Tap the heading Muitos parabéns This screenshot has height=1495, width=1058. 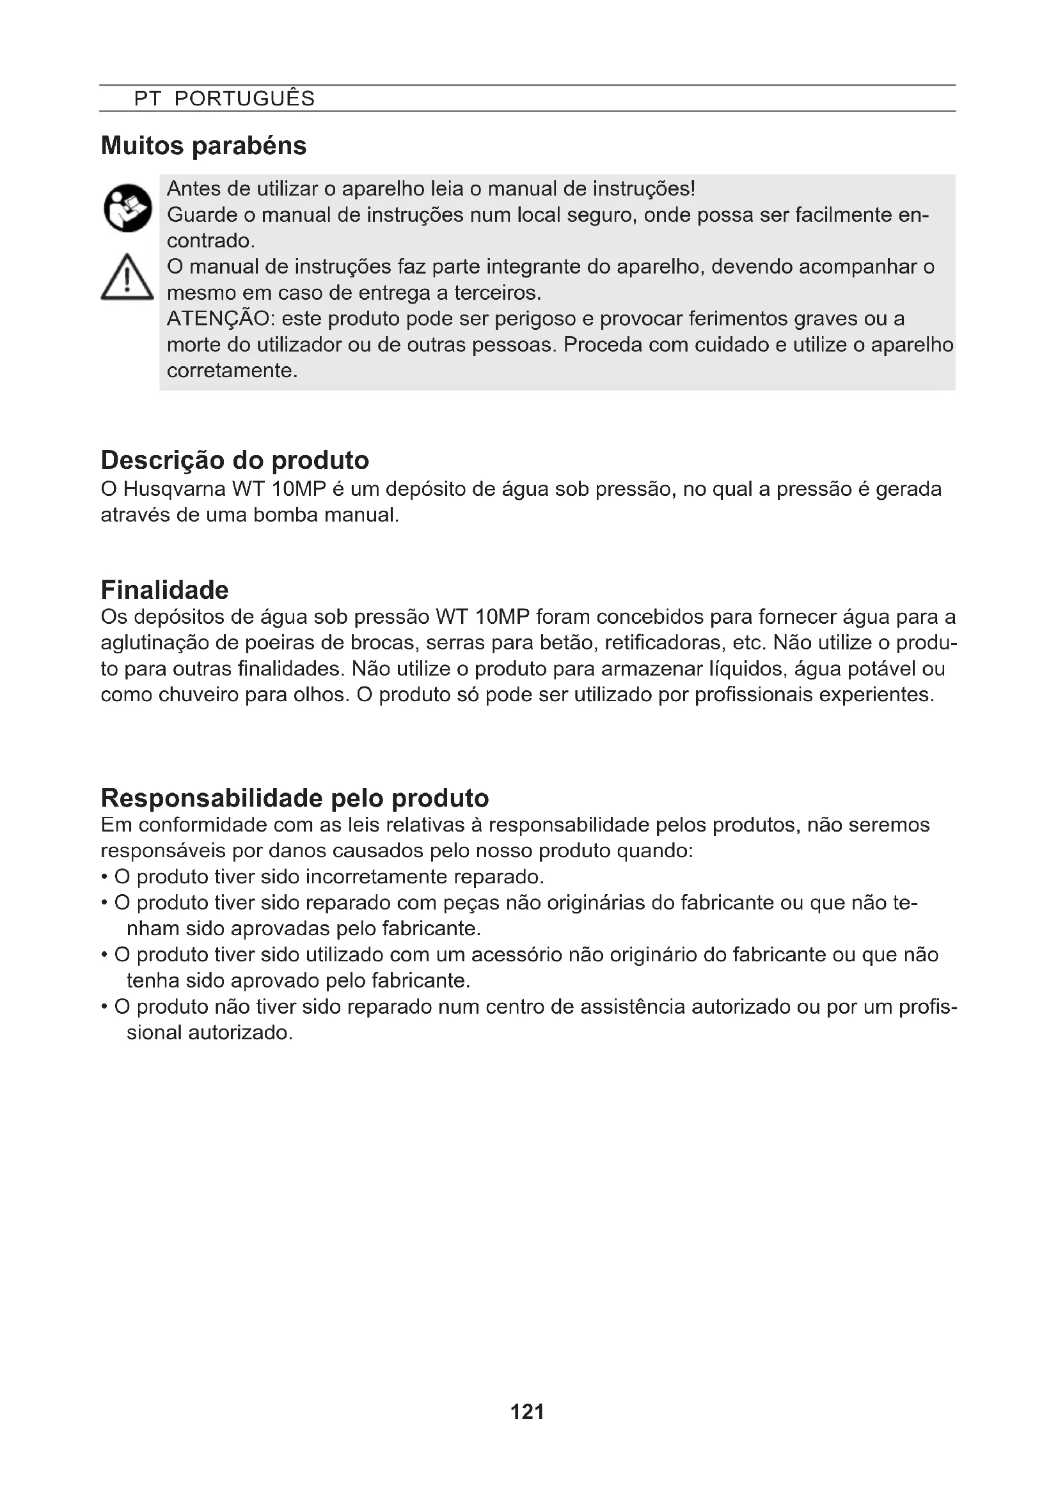(x=203, y=145)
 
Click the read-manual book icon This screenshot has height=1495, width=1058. (x=128, y=208)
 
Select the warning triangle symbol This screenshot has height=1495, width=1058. (x=128, y=278)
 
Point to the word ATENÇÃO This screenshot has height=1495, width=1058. (x=218, y=318)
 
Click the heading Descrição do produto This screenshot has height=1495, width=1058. (x=235, y=460)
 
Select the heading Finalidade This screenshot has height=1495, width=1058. (x=164, y=590)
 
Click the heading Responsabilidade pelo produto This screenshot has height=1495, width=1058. (x=294, y=798)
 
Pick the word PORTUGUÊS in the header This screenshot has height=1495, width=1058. (x=244, y=98)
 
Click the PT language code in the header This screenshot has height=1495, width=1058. (x=147, y=98)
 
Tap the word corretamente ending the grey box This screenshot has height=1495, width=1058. (x=232, y=371)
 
